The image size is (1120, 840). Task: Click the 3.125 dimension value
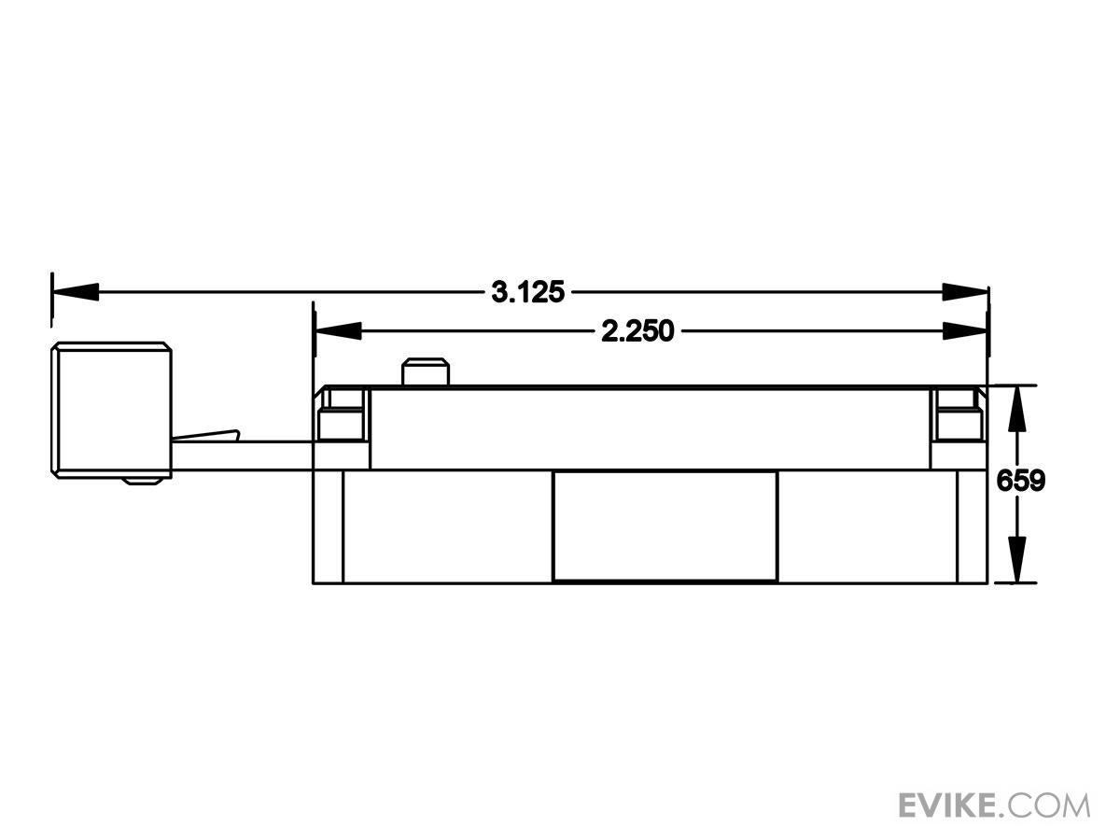click(x=527, y=292)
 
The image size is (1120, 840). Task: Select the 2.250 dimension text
click(x=637, y=331)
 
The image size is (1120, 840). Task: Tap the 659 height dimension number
click(x=1020, y=480)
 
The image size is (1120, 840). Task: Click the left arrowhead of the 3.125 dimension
click(x=76, y=292)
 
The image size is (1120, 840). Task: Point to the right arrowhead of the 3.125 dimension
click(x=965, y=292)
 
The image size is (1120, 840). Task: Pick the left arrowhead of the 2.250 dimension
click(x=339, y=331)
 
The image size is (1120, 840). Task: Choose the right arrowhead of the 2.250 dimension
click(x=965, y=331)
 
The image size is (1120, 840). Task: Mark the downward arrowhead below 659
click(x=1017, y=559)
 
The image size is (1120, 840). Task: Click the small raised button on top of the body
click(x=426, y=372)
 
